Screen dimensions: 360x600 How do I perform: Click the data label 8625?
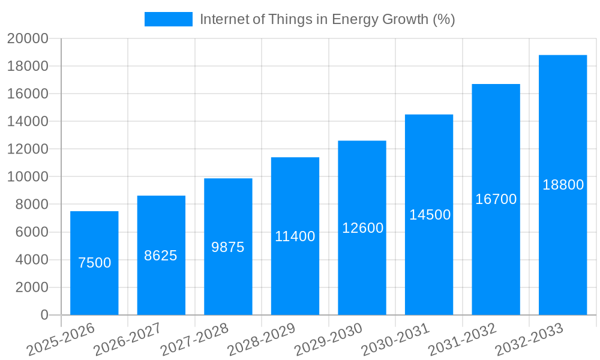[161, 256]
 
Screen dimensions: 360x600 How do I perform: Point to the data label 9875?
[228, 247]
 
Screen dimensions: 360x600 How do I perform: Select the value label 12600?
[362, 228]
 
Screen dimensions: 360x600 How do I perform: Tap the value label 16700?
[496, 199]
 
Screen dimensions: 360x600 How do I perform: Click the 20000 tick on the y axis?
[28, 39]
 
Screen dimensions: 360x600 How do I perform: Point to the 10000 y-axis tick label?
[28, 177]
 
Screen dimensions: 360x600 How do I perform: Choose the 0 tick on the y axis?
[44, 315]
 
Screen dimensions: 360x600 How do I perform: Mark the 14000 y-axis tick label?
[28, 122]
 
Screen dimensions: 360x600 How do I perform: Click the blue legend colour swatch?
[169, 19]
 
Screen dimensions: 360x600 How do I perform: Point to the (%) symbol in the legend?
[445, 19]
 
